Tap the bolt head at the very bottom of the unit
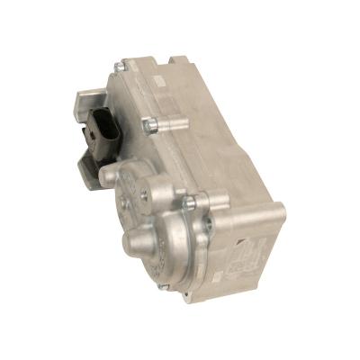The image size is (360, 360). pos(161,287)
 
